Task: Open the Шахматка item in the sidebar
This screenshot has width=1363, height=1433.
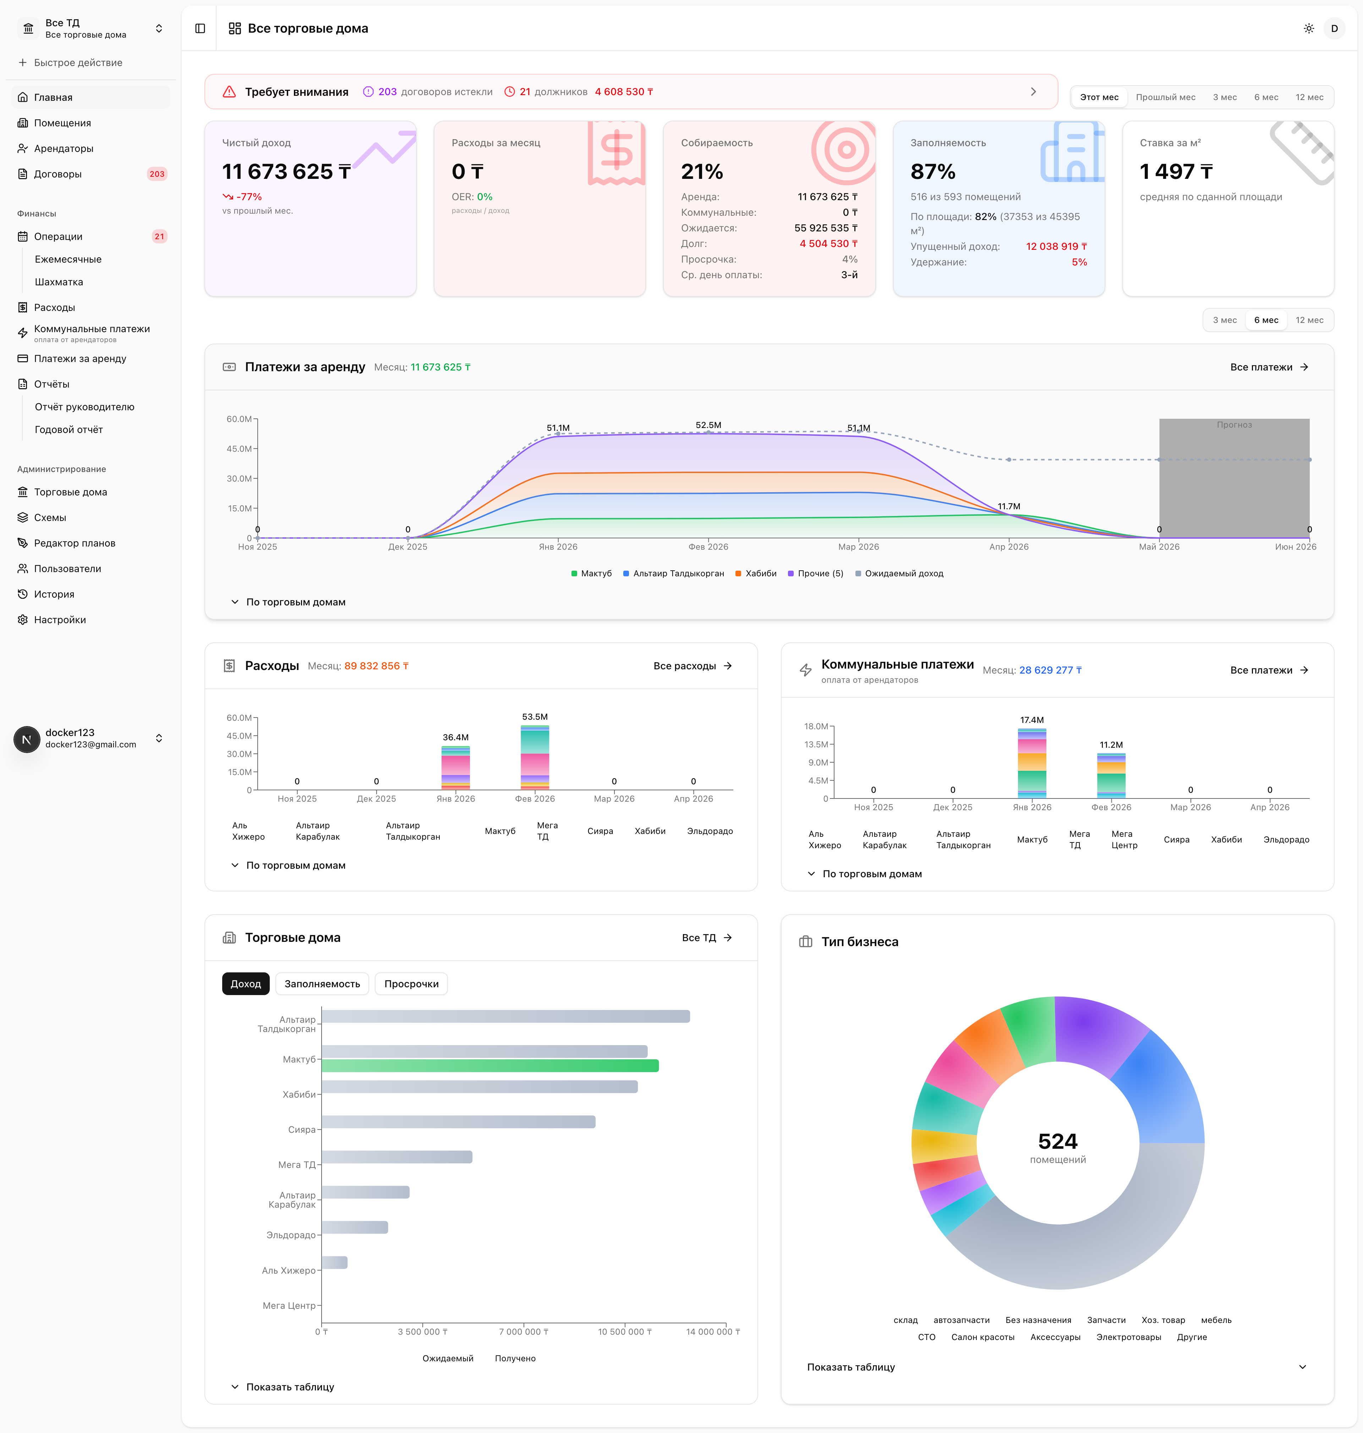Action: pos(59,282)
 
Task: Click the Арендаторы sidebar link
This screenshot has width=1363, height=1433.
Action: pos(64,148)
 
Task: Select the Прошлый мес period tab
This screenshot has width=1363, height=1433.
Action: pos(1165,97)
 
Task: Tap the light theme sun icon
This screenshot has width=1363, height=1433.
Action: pos(1308,28)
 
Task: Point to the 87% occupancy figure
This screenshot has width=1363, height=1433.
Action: pos(933,171)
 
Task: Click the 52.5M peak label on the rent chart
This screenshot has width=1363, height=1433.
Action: pos(708,425)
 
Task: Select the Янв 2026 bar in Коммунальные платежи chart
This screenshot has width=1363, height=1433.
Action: pos(1032,763)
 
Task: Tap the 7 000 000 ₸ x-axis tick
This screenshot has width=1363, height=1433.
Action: pos(523,1331)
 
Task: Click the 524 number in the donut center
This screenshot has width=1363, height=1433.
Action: pos(1058,1141)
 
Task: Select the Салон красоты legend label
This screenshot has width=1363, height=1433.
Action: pos(982,1337)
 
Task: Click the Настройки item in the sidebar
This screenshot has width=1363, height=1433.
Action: pos(60,620)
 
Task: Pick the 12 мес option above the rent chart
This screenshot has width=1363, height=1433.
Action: pos(1309,320)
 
